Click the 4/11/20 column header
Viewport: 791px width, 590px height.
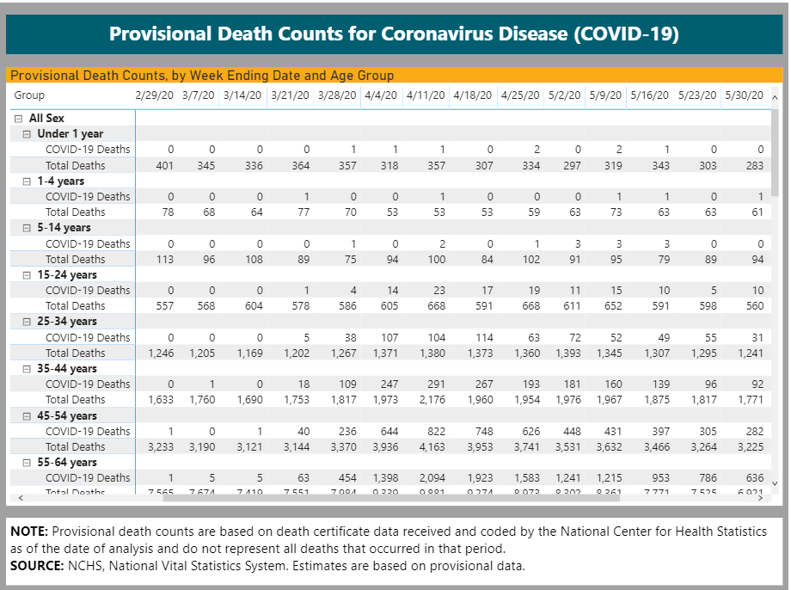coord(426,95)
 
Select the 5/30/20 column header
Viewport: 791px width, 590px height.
coord(744,95)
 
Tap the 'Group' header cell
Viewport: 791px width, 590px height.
coord(29,95)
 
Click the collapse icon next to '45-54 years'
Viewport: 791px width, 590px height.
coord(28,416)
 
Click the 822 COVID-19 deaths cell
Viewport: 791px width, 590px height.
coord(437,432)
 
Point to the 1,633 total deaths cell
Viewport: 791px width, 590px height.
coord(162,400)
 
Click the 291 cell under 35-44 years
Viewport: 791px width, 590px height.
coord(437,384)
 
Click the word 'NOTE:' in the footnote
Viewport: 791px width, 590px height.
coord(28,532)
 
